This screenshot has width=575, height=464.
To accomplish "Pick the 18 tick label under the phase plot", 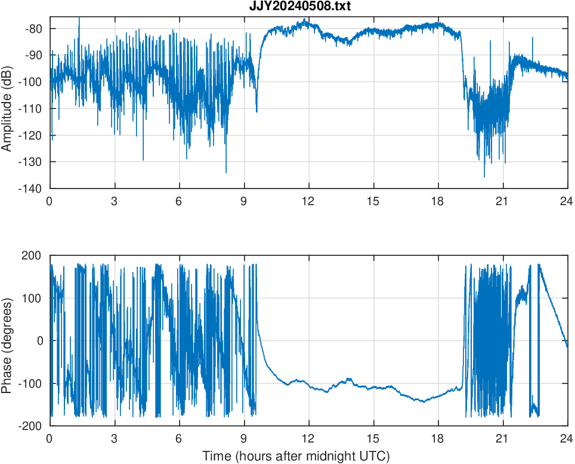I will [438, 438].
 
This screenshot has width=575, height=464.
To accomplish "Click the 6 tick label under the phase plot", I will [179, 438].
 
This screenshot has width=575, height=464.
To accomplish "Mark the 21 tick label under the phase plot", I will [502, 438].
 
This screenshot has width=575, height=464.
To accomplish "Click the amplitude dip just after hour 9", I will [256, 111].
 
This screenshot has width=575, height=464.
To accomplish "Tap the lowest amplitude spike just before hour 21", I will [484, 176].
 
